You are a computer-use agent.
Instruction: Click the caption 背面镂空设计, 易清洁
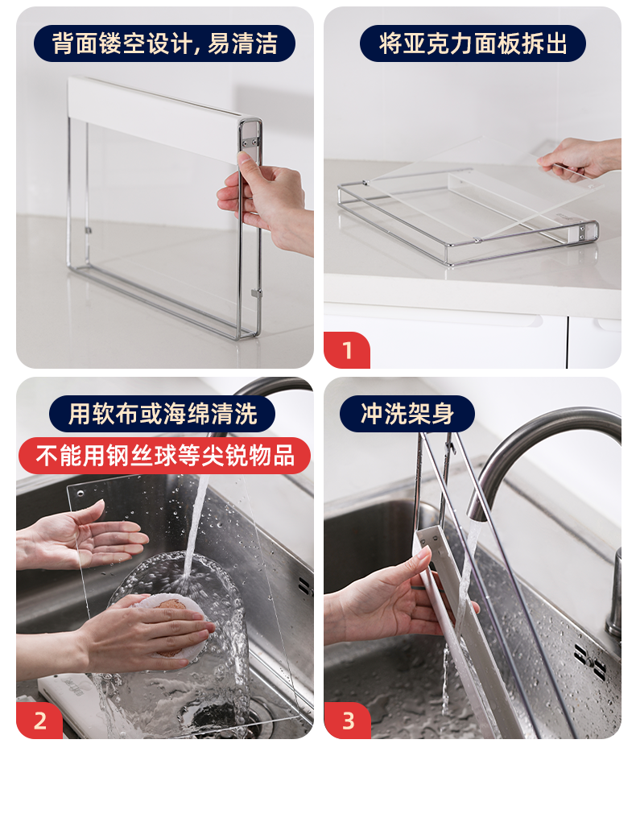[164, 43]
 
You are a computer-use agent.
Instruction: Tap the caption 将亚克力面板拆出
[473, 43]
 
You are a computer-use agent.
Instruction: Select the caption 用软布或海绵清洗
[163, 414]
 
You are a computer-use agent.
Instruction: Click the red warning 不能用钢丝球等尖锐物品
[165, 456]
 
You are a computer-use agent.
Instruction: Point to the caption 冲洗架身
[407, 414]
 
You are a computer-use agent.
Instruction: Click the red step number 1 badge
[347, 350]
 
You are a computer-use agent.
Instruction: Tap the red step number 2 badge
[39, 721]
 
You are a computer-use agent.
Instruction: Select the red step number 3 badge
[348, 721]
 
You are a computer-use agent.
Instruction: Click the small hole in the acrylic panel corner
[80, 493]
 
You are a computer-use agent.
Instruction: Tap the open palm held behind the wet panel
[78, 535]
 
